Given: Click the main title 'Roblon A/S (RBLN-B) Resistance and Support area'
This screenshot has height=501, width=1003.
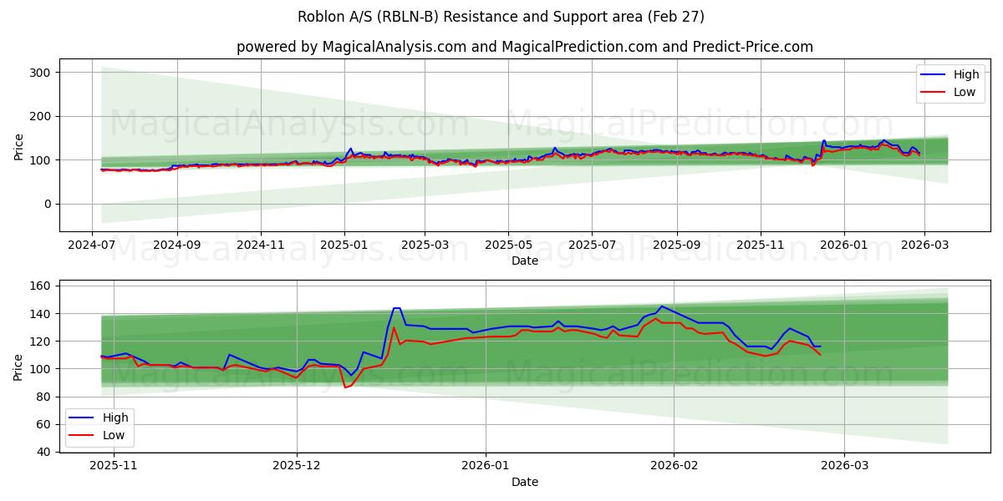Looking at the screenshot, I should (x=501, y=17).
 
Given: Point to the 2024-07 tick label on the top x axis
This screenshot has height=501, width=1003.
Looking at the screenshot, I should (x=92, y=245).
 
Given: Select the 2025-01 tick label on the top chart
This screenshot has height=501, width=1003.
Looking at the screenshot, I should (x=344, y=245).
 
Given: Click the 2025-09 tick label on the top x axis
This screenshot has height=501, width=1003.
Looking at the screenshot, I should (x=676, y=245).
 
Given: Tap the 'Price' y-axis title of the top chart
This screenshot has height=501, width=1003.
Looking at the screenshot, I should (x=19, y=145).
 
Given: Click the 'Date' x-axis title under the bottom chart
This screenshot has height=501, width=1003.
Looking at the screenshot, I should (x=525, y=482).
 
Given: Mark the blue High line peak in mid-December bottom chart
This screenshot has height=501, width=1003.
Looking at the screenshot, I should (x=396, y=308).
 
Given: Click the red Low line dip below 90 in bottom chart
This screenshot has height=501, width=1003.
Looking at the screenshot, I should (x=345, y=387).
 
